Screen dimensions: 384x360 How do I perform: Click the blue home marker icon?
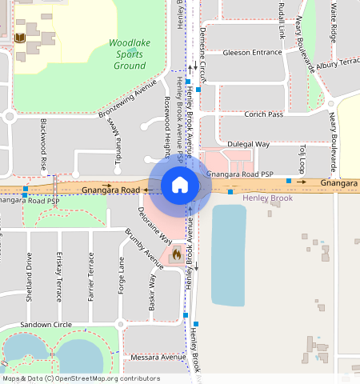[x=180, y=186]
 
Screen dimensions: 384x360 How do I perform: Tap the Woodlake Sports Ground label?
[x=128, y=54]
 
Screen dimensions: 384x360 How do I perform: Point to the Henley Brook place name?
[x=268, y=198]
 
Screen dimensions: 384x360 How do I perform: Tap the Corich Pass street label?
[x=264, y=114]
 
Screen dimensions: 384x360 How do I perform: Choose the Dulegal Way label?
[x=249, y=145]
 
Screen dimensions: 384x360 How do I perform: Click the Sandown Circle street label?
[x=46, y=326]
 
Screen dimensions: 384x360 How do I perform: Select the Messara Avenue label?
[x=157, y=357]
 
